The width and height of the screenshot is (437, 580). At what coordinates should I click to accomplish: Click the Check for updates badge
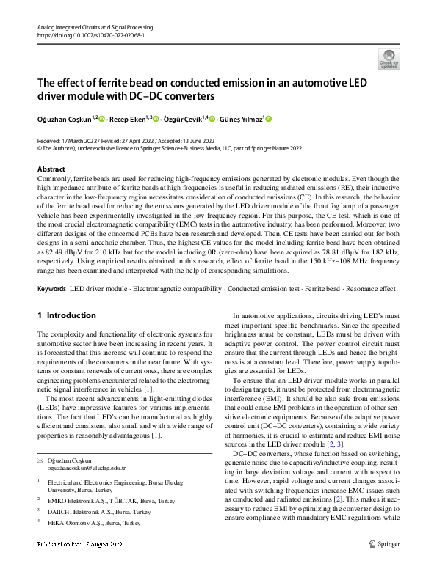(x=390, y=59)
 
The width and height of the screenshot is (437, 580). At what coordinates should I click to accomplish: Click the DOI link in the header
(x=90, y=35)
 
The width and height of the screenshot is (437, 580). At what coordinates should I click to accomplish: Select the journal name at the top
(x=95, y=26)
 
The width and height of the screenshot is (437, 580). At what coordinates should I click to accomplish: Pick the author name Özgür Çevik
(x=184, y=119)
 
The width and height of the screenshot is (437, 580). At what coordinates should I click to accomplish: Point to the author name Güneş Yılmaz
(x=242, y=119)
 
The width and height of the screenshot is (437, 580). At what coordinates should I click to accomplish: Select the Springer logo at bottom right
(x=384, y=565)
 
